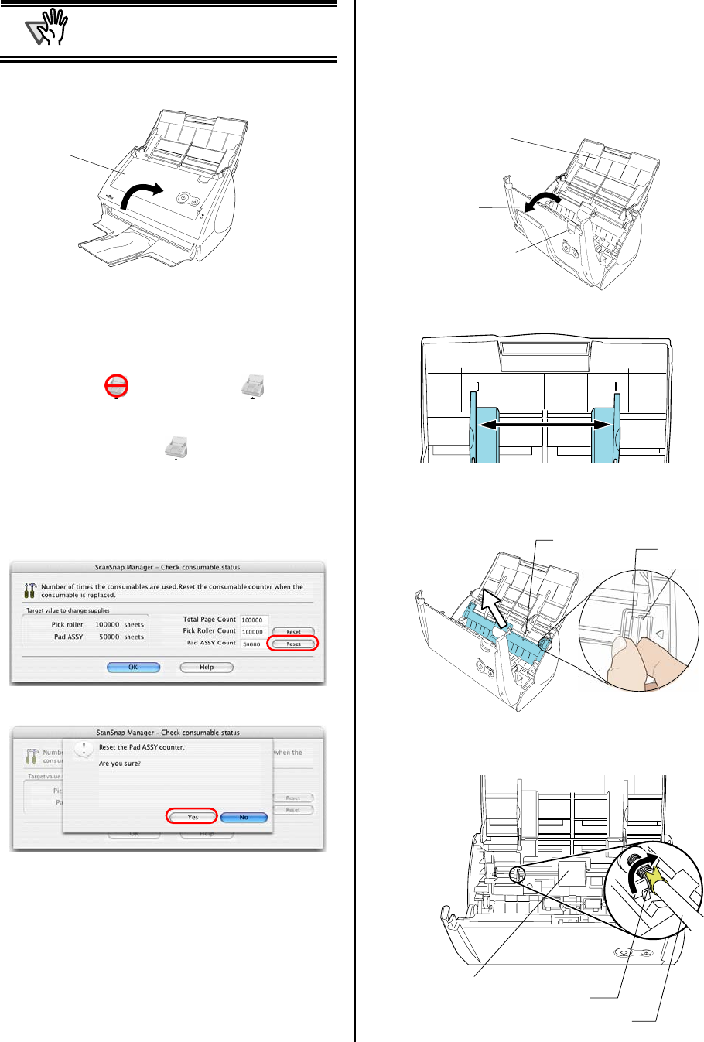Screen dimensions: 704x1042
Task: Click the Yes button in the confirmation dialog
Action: click(x=193, y=817)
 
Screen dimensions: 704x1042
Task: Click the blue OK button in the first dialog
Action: click(x=133, y=667)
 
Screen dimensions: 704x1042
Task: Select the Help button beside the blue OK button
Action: click(x=207, y=667)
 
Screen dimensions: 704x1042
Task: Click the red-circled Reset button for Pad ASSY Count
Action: click(x=293, y=644)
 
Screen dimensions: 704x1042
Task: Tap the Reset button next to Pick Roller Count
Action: click(x=293, y=632)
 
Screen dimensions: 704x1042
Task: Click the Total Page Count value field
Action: click(x=255, y=620)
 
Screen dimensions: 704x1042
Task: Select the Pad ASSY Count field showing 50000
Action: click(x=255, y=644)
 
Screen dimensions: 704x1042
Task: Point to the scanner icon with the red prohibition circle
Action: click(x=117, y=385)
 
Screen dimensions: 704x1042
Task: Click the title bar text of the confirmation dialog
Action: click(x=168, y=732)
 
